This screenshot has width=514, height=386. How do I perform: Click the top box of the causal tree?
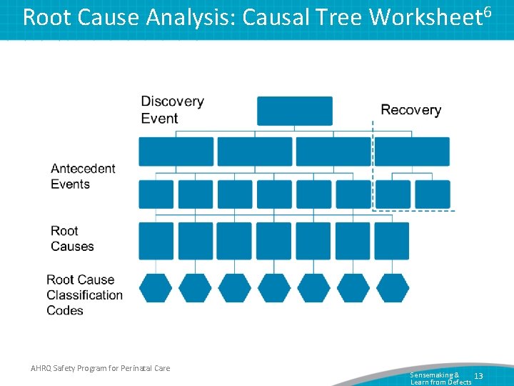(x=295, y=111)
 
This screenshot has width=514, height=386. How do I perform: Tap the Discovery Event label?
(x=172, y=109)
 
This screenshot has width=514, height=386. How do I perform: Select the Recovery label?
(x=410, y=109)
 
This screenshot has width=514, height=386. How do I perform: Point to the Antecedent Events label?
(x=83, y=177)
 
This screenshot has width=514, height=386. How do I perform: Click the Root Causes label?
(x=72, y=239)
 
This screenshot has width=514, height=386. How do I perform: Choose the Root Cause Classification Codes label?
(x=84, y=295)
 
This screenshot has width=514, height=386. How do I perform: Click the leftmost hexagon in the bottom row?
(x=156, y=287)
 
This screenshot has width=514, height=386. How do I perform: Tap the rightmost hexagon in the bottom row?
(x=392, y=287)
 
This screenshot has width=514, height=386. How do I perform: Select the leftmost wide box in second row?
(x=176, y=152)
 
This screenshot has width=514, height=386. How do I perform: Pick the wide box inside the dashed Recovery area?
(x=412, y=152)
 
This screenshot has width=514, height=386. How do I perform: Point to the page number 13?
(x=478, y=376)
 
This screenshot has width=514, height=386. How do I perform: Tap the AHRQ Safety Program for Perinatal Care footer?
(x=101, y=368)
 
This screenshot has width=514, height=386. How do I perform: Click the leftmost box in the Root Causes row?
(x=156, y=241)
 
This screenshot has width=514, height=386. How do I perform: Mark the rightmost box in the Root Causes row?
(x=392, y=241)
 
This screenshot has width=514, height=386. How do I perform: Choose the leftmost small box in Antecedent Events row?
(x=156, y=194)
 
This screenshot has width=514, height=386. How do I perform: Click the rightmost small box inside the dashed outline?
(x=432, y=194)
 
